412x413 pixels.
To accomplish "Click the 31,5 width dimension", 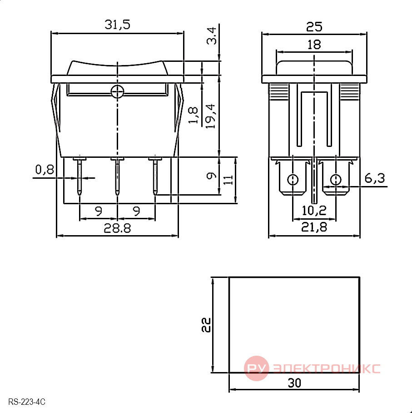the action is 117,25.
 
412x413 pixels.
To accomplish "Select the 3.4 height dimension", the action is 212,36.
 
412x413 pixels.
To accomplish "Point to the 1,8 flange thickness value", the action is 193,115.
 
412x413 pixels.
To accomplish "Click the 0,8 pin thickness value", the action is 45,170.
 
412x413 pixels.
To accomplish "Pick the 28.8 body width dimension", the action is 117,228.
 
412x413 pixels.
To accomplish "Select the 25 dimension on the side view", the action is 314,27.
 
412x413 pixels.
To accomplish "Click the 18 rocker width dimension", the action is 314,45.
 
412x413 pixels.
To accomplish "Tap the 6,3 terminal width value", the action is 375,179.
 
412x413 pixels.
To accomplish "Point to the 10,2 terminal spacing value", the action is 314,211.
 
